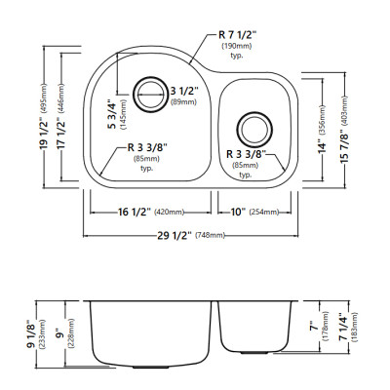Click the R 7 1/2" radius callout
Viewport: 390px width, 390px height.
coord(237,35)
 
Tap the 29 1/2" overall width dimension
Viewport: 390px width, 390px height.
coord(175,235)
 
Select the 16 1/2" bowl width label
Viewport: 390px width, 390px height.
coord(134,213)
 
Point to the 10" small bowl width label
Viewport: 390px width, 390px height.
coord(238,213)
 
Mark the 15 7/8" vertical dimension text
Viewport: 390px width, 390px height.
coord(345,143)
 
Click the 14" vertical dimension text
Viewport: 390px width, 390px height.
coord(323,147)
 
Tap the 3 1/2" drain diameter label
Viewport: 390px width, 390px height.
coord(183,91)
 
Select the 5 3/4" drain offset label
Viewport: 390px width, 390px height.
coord(112,116)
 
